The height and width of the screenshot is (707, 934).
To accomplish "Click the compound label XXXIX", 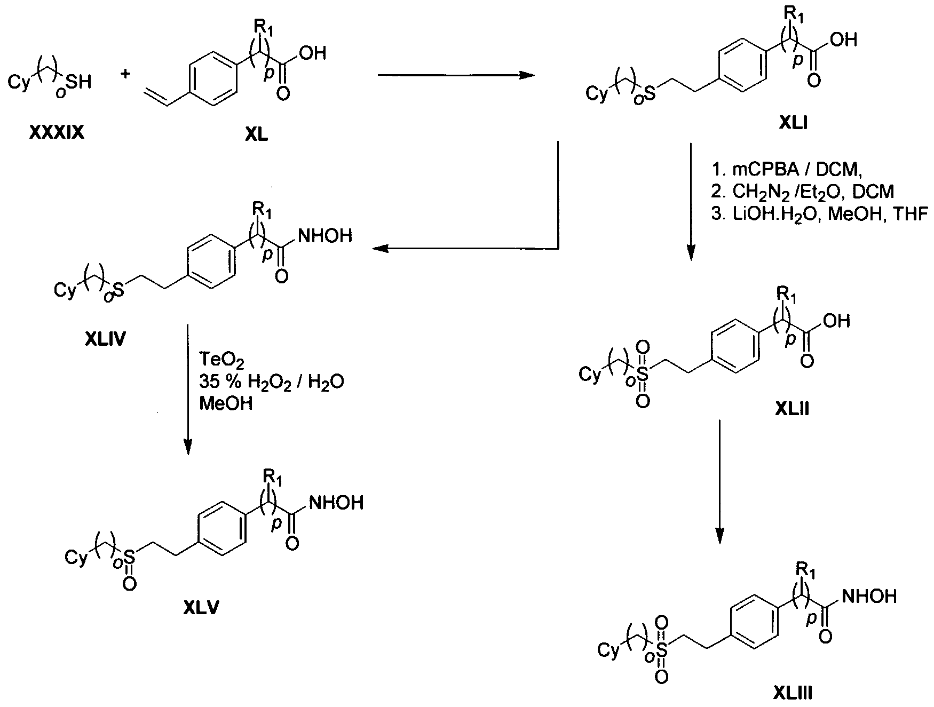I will click(57, 132).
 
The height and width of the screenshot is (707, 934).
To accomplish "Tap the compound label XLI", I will click(793, 125).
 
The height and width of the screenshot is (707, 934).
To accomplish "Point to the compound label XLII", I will click(792, 409).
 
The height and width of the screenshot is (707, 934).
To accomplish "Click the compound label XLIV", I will click(105, 339).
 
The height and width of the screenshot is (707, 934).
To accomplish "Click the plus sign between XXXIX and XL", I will click(125, 74).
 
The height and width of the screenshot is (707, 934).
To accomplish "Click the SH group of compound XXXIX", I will click(79, 82).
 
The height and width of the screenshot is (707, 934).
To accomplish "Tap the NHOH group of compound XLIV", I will click(325, 236).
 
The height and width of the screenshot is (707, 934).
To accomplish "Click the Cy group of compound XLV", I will click(75, 558).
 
